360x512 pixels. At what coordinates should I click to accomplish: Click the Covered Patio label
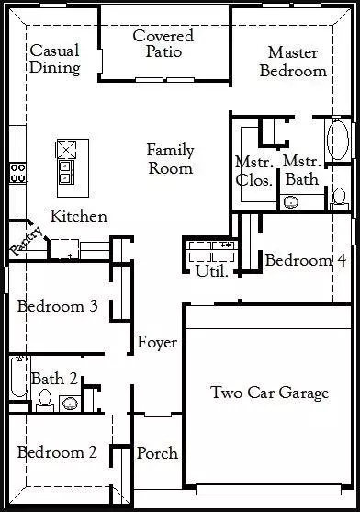[x=163, y=44]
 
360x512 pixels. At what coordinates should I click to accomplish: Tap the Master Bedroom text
[x=293, y=62]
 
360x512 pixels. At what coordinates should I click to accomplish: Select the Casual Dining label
[x=55, y=59]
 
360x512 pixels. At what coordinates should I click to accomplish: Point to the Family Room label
[x=171, y=159]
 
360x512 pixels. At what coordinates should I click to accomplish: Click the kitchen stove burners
[x=18, y=174]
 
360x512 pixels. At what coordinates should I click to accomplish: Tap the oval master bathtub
[x=338, y=140]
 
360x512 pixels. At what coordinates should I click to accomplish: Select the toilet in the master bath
[x=339, y=199]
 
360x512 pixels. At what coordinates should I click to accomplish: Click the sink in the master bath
[x=291, y=202]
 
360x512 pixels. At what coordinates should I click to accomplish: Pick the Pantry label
[x=27, y=241]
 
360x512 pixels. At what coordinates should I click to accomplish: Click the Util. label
[x=211, y=270]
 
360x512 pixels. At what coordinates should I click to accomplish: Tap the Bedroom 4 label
[x=306, y=260]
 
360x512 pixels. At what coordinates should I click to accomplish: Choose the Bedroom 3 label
[x=57, y=306]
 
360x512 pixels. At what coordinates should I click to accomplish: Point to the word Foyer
[x=157, y=342]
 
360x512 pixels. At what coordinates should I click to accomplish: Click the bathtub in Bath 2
[x=19, y=377]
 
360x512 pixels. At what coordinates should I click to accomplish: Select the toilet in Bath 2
[x=45, y=401]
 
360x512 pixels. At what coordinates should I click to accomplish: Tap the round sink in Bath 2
[x=71, y=404]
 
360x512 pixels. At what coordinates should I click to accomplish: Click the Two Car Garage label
[x=270, y=393]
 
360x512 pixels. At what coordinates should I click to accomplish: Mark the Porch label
[x=157, y=453]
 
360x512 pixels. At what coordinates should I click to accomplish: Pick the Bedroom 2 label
[x=57, y=452]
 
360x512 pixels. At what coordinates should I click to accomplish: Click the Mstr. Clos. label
[x=254, y=171]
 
